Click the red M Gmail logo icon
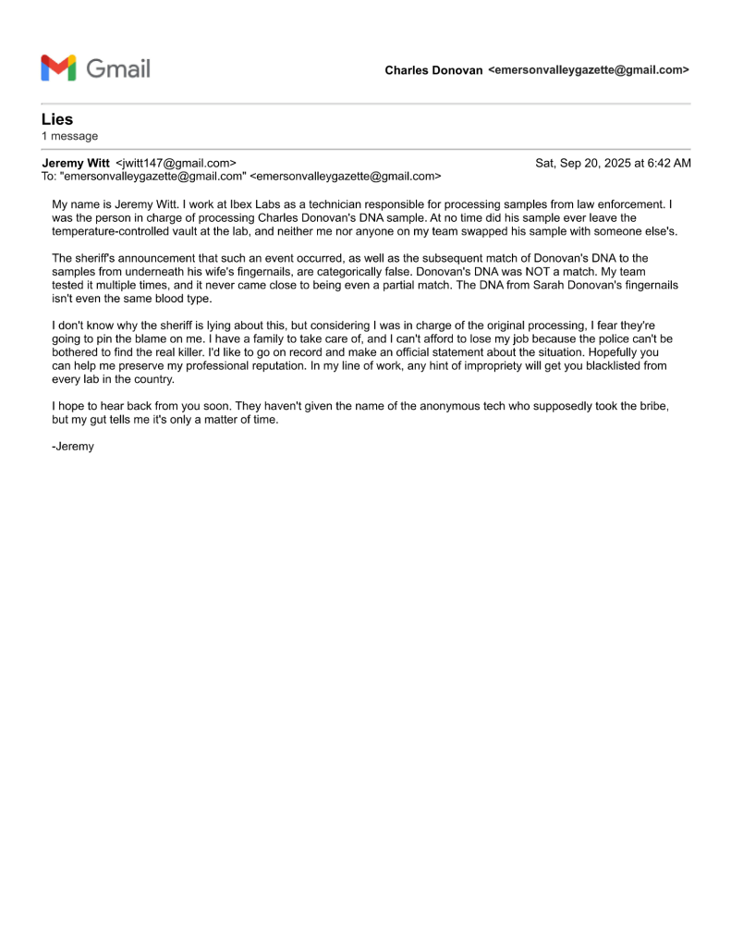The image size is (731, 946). (x=58, y=68)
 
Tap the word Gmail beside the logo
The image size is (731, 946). (x=117, y=68)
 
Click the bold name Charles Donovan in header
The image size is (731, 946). (x=433, y=70)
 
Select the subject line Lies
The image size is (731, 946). (x=57, y=119)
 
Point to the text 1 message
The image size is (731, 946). (x=69, y=136)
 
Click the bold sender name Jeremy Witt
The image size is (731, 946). (x=76, y=164)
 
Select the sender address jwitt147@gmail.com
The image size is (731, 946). (x=176, y=164)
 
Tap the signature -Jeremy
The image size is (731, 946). (x=73, y=447)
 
